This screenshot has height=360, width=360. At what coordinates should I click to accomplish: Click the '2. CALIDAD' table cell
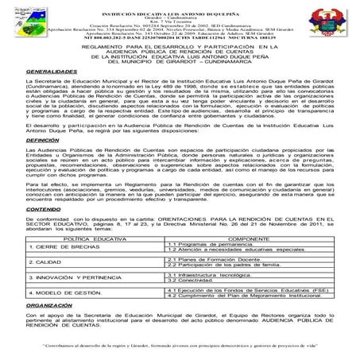tap(32, 284)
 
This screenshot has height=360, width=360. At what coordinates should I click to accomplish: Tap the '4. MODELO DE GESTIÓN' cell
tap(48, 315)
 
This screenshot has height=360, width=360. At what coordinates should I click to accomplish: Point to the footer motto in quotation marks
tap(180, 346)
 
